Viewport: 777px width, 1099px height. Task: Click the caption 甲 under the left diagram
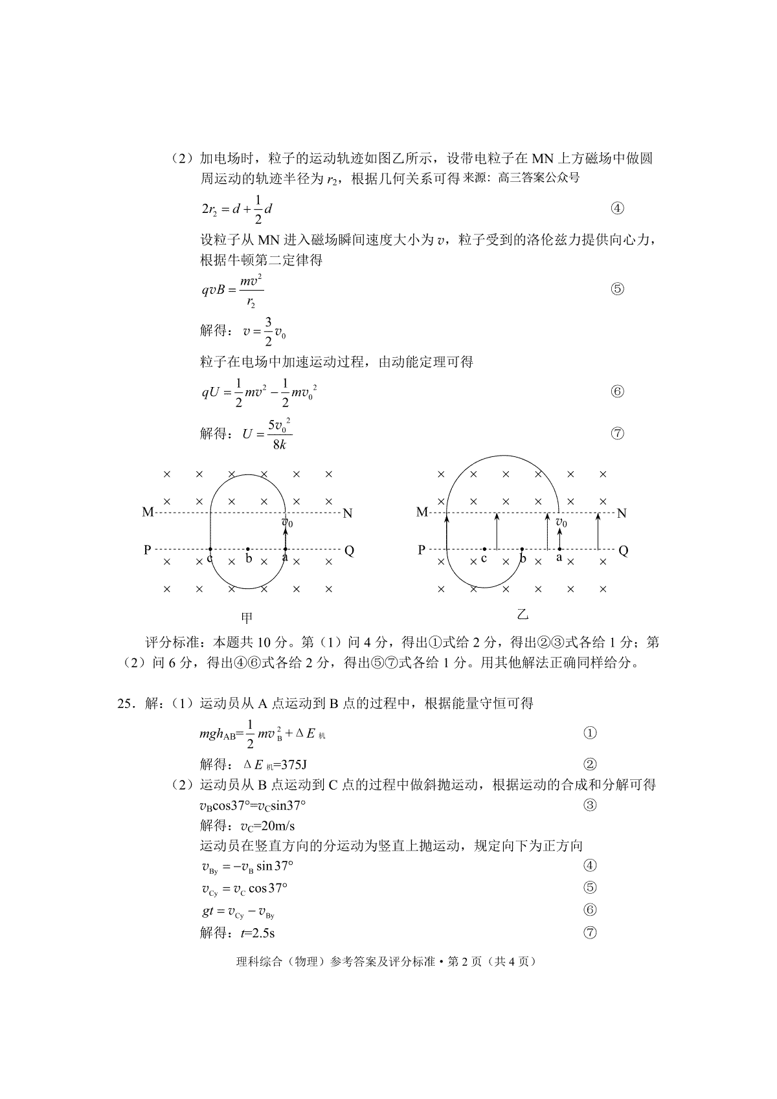tap(247, 617)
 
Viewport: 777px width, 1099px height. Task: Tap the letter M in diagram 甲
tap(148, 513)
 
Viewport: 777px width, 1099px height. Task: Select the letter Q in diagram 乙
tap(624, 551)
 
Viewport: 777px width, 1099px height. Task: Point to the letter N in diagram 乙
tap(622, 513)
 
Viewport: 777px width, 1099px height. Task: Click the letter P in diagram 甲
tap(148, 550)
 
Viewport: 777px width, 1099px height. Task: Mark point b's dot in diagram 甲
tap(248, 549)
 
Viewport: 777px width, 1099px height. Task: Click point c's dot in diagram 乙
tap(484, 549)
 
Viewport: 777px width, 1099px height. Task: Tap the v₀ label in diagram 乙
tap(561, 522)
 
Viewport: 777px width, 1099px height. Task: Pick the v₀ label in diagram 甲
tap(287, 521)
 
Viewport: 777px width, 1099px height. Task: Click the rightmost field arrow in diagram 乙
tap(598, 531)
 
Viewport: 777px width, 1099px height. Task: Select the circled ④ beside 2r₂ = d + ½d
tap(617, 208)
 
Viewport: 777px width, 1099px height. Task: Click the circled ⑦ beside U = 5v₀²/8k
tap(617, 434)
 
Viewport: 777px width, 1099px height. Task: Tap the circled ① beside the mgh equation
tap(590, 733)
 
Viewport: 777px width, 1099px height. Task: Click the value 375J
tap(290, 764)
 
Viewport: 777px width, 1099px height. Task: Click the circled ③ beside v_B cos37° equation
tap(590, 805)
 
